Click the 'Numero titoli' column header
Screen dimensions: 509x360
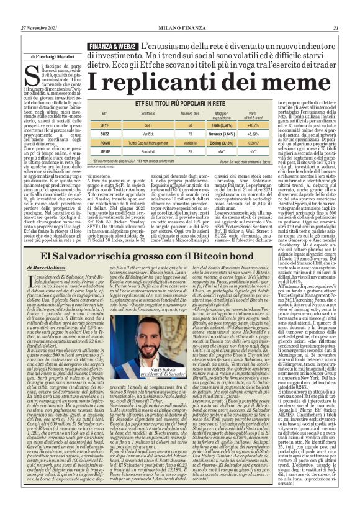(189, 115)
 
